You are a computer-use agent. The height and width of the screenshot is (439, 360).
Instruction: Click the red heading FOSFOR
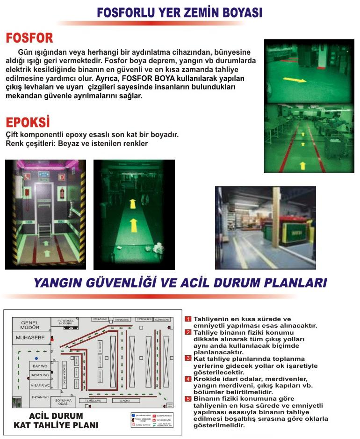coord(29,38)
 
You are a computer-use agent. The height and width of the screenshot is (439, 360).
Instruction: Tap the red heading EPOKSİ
coord(28,123)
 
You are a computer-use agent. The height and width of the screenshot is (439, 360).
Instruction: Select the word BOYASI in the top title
coord(237,13)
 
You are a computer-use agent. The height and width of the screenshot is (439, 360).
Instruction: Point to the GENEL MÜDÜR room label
coord(30,325)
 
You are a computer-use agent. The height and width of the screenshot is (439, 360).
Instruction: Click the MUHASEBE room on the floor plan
coord(30,337)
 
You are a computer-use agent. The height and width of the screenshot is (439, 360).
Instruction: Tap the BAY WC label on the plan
coord(40,366)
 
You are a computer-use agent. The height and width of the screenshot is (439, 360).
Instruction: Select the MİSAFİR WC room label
coord(40,385)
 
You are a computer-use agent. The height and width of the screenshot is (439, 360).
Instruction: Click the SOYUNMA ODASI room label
coord(64,402)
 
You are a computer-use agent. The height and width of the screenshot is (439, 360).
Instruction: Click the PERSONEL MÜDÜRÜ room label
coord(65,322)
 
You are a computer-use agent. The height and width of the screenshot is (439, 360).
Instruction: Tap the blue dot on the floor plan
coord(36,358)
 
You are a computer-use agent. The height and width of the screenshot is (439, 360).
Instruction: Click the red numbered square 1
coord(188,319)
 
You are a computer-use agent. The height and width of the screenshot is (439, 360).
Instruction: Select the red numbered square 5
coord(188,399)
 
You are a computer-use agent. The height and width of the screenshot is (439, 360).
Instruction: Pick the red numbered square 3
coord(188,359)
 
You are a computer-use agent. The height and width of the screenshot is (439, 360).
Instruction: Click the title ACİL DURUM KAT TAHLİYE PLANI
coord(56,420)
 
